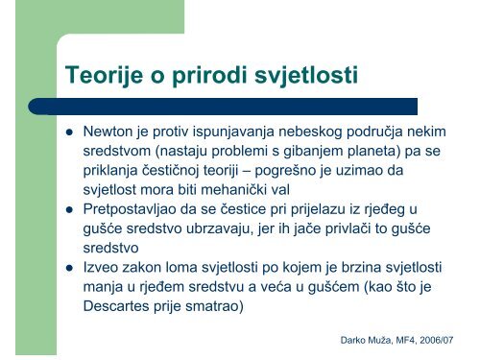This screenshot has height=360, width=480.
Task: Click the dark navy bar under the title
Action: click(240, 106)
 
